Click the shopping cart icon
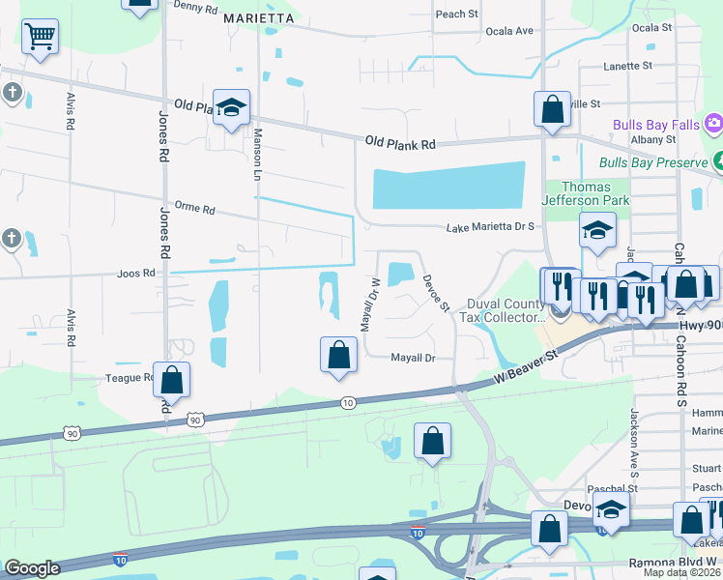tap(39, 37)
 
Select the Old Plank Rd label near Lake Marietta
tap(400, 143)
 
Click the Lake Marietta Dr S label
tap(490, 228)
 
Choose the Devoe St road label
tap(436, 293)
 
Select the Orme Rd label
tap(194, 209)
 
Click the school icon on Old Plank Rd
tap(232, 108)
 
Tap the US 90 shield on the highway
tap(195, 420)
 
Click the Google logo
tap(32, 568)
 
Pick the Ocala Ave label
tap(510, 31)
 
